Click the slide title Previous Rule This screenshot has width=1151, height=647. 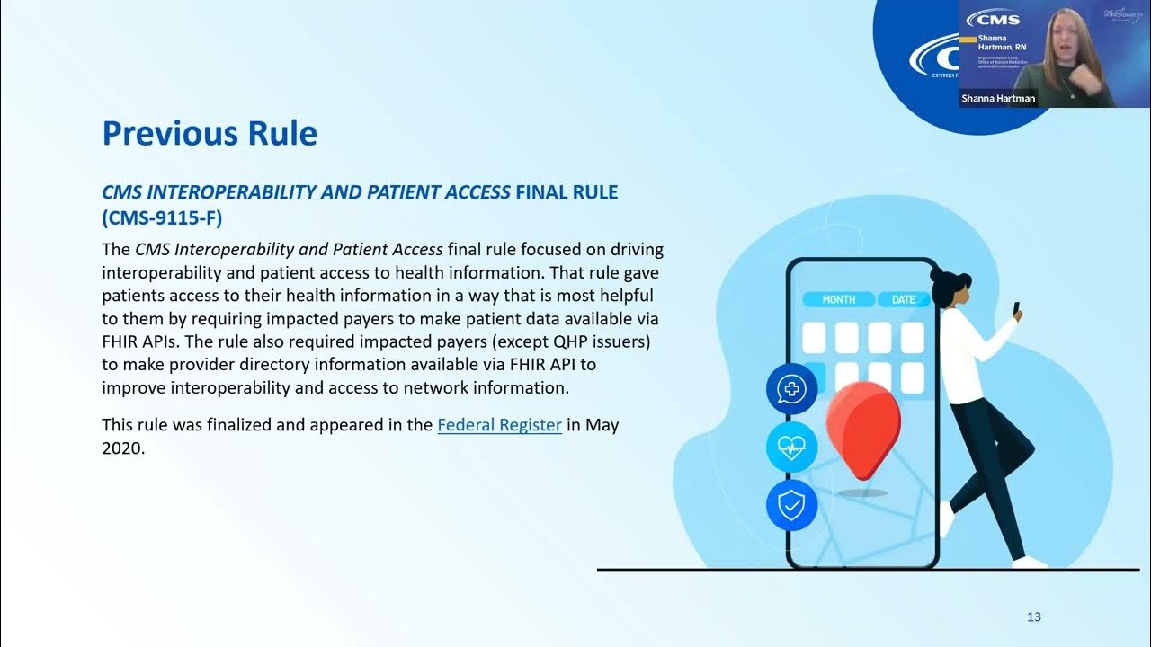210,133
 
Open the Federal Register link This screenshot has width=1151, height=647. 499,424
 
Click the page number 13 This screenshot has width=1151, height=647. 1033,616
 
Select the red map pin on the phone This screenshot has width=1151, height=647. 862,428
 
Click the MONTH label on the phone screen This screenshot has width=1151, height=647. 838,299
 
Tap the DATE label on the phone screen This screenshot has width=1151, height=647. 903,299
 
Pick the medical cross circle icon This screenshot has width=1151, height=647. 791,389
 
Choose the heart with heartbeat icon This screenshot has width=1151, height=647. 791,448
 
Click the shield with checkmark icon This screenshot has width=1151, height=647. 791,505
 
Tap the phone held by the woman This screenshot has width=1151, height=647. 1017,309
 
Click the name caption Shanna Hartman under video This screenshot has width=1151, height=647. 998,98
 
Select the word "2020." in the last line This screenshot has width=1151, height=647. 123,448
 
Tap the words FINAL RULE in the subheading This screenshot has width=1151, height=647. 567,191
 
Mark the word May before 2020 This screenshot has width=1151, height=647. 602,424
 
